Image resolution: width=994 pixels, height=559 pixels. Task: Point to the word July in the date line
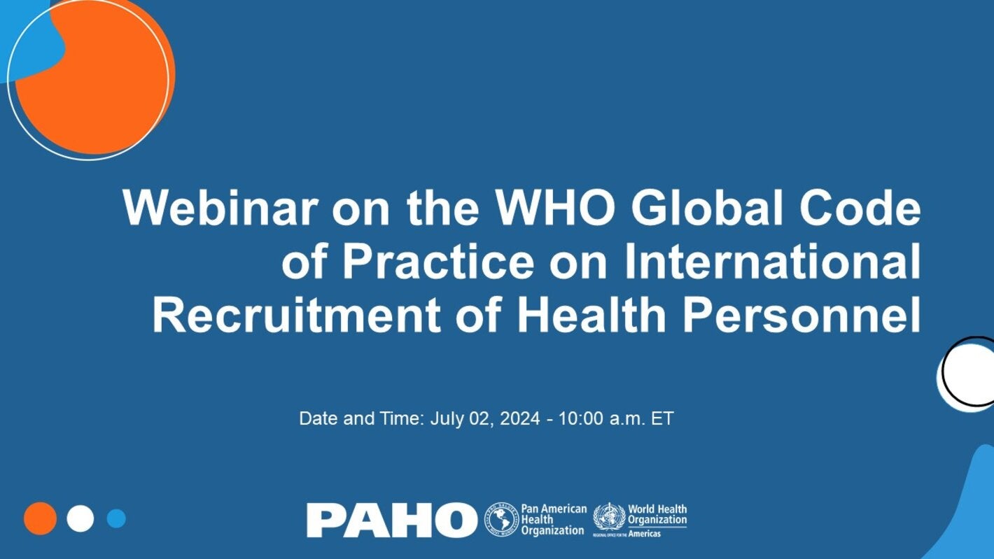click(445, 418)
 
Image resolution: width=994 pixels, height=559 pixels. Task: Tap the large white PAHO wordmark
click(391, 520)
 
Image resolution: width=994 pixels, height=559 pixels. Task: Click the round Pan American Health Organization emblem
click(501, 520)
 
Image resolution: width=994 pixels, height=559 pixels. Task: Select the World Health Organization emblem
click(608, 518)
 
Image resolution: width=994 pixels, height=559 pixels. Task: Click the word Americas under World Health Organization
click(643, 533)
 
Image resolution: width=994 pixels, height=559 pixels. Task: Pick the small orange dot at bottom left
click(40, 518)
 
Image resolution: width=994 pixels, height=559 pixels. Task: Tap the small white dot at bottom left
click(80, 518)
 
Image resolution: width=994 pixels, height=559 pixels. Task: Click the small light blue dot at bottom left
click(116, 518)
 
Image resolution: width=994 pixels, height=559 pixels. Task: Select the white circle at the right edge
click(969, 372)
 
